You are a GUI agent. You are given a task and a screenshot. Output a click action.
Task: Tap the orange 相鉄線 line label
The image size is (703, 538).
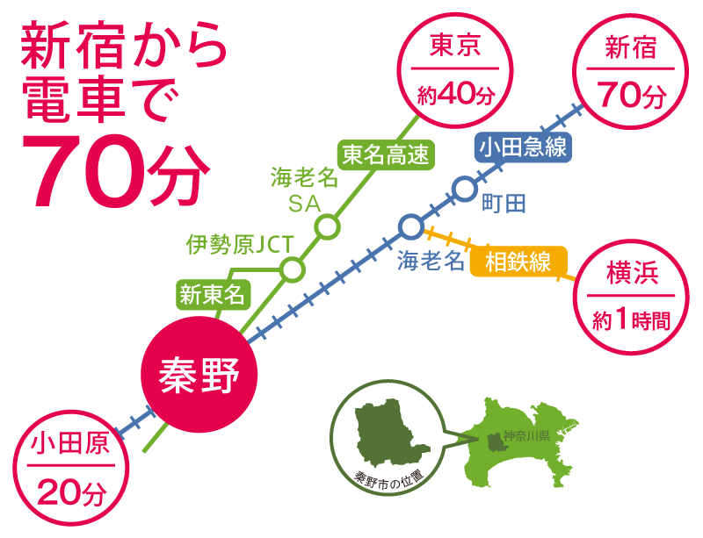(518, 262)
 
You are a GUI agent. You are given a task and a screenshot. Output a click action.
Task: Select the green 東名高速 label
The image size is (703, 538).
(386, 155)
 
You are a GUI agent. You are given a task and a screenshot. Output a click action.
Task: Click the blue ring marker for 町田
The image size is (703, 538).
(465, 187)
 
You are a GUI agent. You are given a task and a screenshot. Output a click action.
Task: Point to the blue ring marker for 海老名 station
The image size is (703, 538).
(410, 227)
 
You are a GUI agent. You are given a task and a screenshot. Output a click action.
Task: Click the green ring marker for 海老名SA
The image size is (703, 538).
(327, 228)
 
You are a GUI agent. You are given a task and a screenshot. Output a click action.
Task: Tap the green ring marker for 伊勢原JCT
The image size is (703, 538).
(291, 269)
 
